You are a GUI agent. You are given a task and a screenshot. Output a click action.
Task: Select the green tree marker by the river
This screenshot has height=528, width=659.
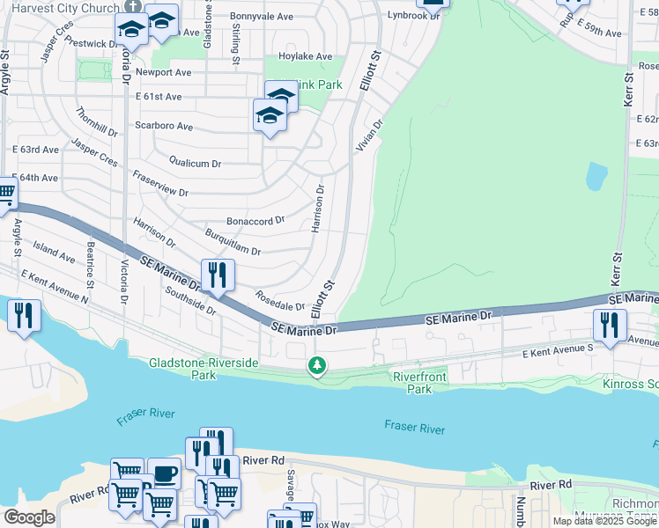point(317,365)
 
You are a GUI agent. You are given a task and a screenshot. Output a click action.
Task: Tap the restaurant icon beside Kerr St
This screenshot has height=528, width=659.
point(610,326)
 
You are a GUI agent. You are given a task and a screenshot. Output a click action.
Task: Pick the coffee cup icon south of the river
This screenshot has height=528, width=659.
point(164,474)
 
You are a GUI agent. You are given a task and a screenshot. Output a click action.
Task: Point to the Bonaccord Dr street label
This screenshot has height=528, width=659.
point(255,220)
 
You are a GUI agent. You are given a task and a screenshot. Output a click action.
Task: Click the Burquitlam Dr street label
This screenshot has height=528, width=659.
point(232,245)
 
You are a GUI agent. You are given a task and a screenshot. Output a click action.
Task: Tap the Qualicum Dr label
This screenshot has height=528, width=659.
point(194,163)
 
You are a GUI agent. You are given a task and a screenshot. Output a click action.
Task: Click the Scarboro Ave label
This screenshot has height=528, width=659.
point(163,127)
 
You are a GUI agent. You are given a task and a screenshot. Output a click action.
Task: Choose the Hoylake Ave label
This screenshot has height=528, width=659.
point(305,57)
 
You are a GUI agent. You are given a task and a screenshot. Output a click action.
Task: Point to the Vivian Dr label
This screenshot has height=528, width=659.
point(369,136)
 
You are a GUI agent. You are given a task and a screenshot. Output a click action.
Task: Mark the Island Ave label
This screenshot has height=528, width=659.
point(54,251)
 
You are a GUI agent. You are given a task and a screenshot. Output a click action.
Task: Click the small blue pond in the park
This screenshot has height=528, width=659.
point(596,177)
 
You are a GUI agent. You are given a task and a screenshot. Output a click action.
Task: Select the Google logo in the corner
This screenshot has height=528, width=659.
point(28,517)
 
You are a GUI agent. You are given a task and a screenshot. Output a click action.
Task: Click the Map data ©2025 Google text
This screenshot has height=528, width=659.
point(604,521)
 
